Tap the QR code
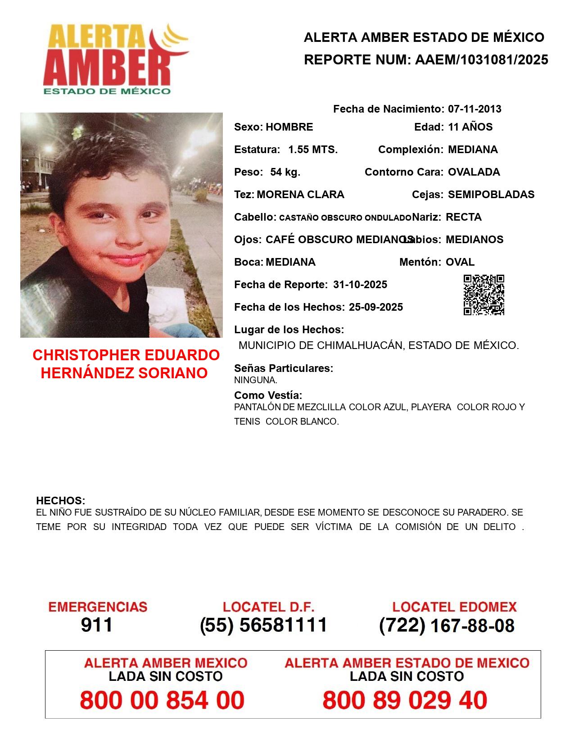click(x=484, y=295)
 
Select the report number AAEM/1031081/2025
click(x=481, y=60)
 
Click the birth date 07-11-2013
click(x=475, y=109)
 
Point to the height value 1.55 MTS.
click(x=313, y=150)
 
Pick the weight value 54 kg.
click(x=285, y=172)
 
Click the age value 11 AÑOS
click(x=470, y=127)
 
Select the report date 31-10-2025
click(x=360, y=285)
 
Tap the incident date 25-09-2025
click(x=376, y=307)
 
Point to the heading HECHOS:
click(x=60, y=501)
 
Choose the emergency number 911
click(x=97, y=625)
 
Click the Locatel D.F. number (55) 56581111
click(x=264, y=625)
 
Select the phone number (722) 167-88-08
click(x=447, y=625)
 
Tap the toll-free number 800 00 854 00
click(x=162, y=700)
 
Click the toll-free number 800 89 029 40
click(x=405, y=700)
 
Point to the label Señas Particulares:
click(x=284, y=368)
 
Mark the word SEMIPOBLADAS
click(x=491, y=195)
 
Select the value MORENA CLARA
click(x=300, y=195)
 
